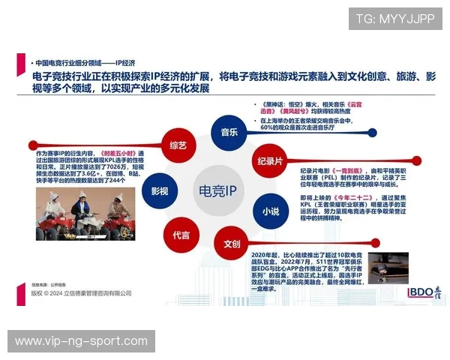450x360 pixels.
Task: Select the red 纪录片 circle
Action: (x=270, y=161)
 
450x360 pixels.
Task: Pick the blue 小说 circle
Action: (x=270, y=211)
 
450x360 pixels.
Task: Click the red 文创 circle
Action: (x=231, y=244)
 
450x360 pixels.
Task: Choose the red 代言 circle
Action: (x=181, y=234)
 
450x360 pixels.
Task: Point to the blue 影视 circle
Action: (x=159, y=190)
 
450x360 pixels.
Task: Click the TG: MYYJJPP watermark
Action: (x=394, y=19)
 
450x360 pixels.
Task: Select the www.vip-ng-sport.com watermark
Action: (x=81, y=341)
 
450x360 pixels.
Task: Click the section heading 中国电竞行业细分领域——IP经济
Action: (x=81, y=64)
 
